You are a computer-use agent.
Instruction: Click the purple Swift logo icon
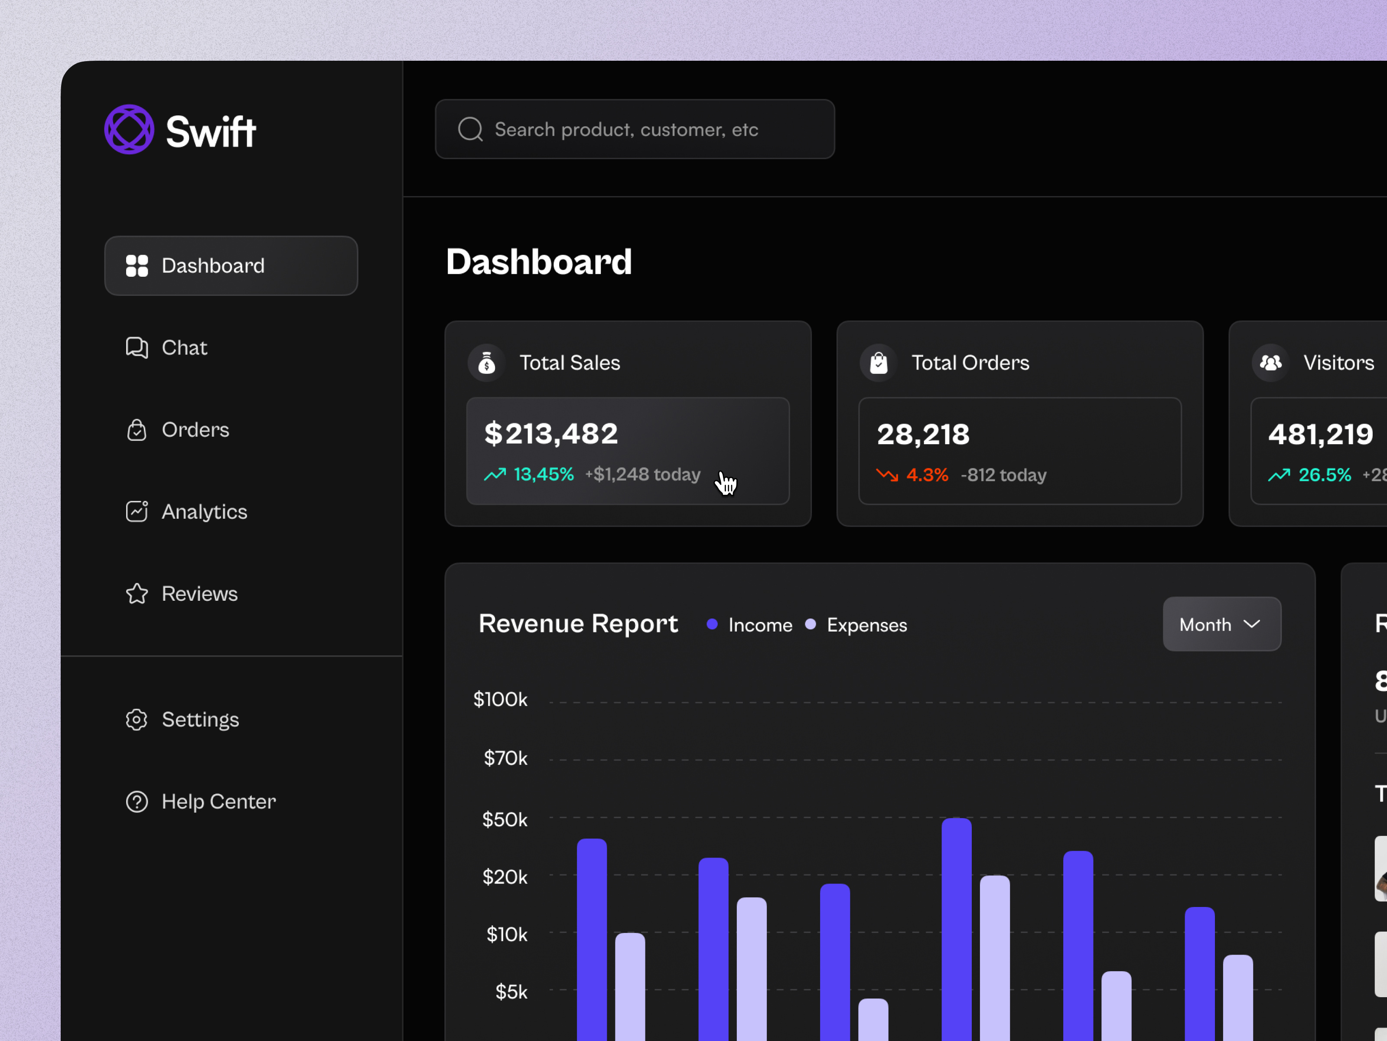point(129,129)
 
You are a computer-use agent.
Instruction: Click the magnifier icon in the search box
point(470,129)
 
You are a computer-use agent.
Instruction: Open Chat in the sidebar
point(184,347)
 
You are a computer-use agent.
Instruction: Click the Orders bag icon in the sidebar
point(137,430)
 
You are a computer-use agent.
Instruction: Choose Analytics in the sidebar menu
point(204,512)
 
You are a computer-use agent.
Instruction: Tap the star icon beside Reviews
point(137,594)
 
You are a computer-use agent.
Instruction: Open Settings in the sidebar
point(199,719)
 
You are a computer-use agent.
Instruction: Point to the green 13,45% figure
point(543,475)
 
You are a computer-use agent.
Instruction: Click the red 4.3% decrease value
point(927,475)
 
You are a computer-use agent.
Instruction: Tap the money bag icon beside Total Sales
point(487,363)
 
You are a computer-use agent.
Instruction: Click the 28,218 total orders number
point(922,434)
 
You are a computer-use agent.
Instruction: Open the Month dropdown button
point(1221,624)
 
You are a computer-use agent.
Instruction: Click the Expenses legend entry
point(866,625)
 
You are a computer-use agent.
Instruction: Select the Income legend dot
point(712,624)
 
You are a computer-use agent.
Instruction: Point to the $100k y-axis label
point(500,700)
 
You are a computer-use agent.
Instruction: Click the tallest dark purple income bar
point(956,929)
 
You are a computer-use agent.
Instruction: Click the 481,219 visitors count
point(1320,434)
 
